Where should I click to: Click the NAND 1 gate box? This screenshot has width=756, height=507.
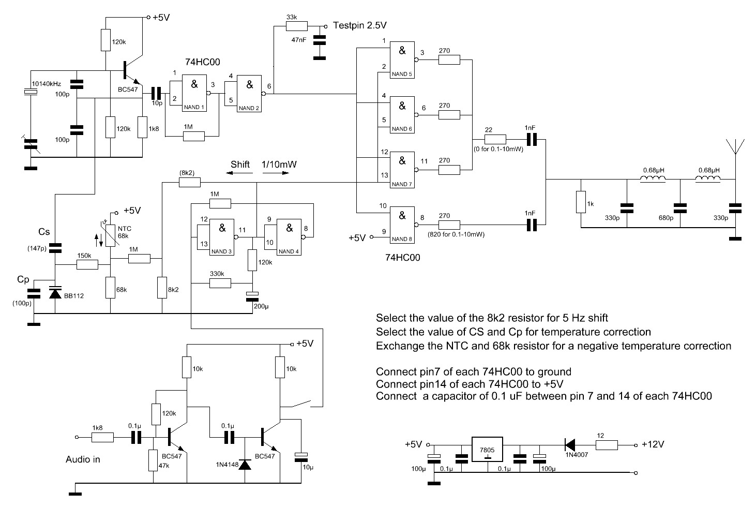coord(194,93)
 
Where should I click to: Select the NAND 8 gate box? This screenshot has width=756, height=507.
coord(402,225)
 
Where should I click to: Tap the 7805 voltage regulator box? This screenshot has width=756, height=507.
coord(487,449)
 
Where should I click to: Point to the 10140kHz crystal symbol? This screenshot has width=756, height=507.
coord(31,92)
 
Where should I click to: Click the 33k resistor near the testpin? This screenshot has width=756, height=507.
coord(297,26)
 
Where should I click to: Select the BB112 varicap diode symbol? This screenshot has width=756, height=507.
coord(55,292)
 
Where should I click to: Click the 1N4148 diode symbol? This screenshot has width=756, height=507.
coord(245,465)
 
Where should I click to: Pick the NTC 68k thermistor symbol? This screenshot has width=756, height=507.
coord(110,234)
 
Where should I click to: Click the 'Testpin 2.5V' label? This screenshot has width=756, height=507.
coord(360,25)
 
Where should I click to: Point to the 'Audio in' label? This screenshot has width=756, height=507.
coord(83,459)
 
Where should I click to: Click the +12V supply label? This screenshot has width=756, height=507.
coord(653,444)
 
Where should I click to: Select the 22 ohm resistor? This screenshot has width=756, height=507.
coord(495,139)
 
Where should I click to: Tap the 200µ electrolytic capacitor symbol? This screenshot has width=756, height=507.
coord(252,296)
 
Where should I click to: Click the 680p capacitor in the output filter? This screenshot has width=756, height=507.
coord(680,208)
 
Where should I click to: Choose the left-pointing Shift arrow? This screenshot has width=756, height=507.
coord(239,173)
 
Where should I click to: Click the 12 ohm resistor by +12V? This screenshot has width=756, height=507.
coord(607,445)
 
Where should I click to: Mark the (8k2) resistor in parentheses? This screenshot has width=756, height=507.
coord(190,183)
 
